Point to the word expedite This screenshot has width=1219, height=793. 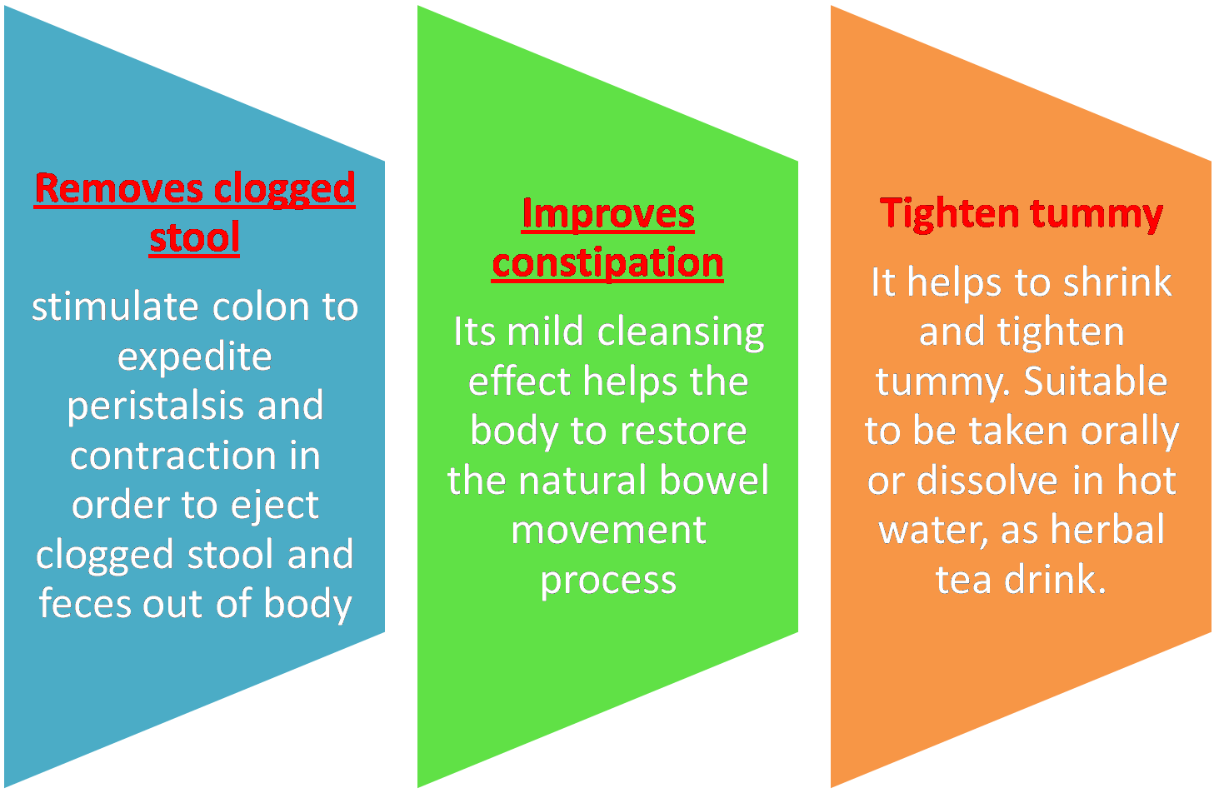coord(195,357)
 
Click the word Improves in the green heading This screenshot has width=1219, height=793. coord(607,213)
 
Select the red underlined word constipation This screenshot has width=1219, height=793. coord(607,263)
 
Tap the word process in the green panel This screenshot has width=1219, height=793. coord(607,581)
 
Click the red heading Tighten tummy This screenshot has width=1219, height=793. coord(1021,213)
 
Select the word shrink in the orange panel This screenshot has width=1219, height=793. coord(1117,282)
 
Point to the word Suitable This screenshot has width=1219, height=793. coord(1095,382)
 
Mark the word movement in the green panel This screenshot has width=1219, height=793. coord(608,531)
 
